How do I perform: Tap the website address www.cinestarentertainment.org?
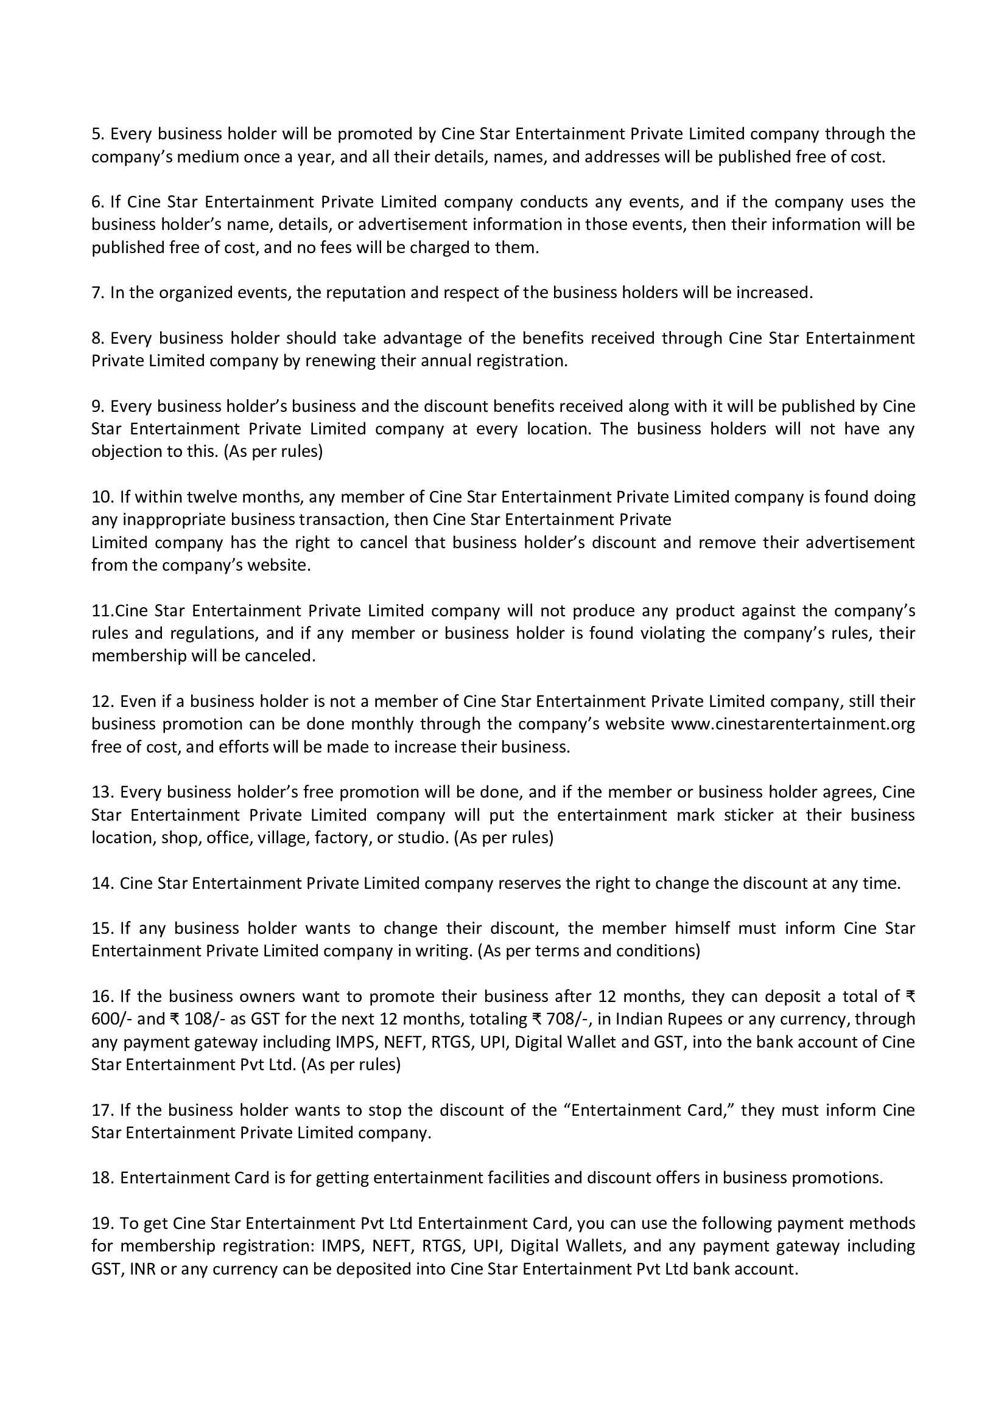tap(793, 724)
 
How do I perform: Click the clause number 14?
tap(102, 883)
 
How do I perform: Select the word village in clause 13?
tap(286, 837)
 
